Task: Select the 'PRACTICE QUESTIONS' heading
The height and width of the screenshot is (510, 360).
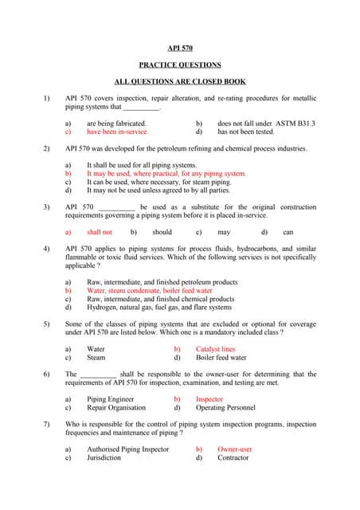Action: click(x=180, y=65)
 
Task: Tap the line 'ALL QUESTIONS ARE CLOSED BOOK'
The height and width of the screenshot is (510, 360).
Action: click(x=180, y=81)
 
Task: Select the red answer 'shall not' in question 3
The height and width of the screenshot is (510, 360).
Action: click(x=100, y=232)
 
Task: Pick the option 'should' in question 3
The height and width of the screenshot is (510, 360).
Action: click(x=162, y=232)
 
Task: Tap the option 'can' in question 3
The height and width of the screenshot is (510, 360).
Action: click(x=288, y=232)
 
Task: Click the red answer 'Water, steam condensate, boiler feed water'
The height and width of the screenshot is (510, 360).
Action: click(x=150, y=291)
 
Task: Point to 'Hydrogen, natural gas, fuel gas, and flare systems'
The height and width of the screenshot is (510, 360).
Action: click(x=159, y=307)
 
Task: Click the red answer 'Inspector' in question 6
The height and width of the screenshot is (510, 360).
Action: click(x=209, y=399)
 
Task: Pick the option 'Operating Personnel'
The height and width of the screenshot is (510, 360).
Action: click(x=227, y=407)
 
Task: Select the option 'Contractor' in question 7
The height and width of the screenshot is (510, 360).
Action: click(x=233, y=458)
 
